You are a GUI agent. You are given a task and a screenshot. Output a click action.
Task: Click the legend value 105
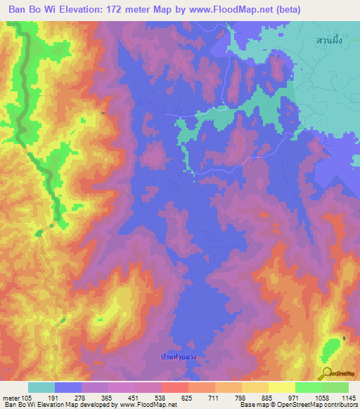27,398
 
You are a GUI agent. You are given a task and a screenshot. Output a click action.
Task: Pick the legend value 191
54,398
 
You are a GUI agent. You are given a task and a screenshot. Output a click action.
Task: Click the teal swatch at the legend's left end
41,387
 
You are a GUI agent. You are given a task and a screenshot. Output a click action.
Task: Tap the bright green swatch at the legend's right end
335,387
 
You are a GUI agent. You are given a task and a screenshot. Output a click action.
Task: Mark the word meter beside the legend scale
10,398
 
